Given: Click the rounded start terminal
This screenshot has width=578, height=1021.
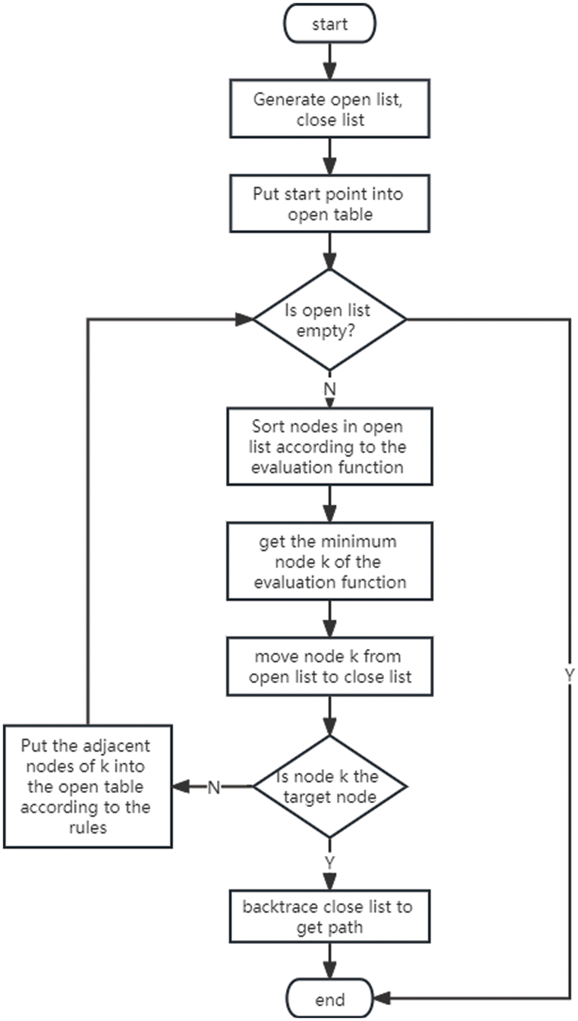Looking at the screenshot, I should click(329, 24).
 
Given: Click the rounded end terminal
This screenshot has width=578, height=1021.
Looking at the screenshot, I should click(329, 999).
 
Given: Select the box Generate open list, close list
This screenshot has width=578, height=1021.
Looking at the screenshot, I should click(329, 109).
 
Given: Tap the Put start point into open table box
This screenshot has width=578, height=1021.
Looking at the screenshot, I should click(329, 204).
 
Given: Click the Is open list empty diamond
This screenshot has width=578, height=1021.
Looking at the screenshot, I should click(329, 319).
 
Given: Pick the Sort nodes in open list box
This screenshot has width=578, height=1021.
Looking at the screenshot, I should click(329, 447).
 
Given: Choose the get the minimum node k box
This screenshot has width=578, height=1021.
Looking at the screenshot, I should click(329, 561).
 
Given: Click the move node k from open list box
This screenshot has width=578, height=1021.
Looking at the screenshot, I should click(329, 666).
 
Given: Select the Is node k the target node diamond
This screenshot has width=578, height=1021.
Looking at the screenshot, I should click(329, 786).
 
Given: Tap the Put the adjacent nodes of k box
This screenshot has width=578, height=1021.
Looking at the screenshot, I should click(87, 786).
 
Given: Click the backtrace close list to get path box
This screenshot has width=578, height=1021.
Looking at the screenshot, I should click(329, 916).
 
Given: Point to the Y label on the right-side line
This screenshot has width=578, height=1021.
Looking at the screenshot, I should click(569, 675).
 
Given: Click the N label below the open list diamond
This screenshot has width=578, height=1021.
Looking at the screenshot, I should click(329, 389).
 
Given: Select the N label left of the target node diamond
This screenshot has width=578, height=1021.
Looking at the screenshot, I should click(214, 787).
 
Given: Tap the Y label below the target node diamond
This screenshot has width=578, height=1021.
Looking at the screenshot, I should click(329, 862).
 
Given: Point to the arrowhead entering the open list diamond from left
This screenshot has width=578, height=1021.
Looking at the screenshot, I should click(245, 319).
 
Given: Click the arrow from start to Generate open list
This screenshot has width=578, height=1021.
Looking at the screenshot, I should click(329, 62).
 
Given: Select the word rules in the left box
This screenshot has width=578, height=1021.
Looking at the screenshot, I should click(87, 828).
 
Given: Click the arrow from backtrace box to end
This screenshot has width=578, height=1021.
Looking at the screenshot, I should click(329, 961).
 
